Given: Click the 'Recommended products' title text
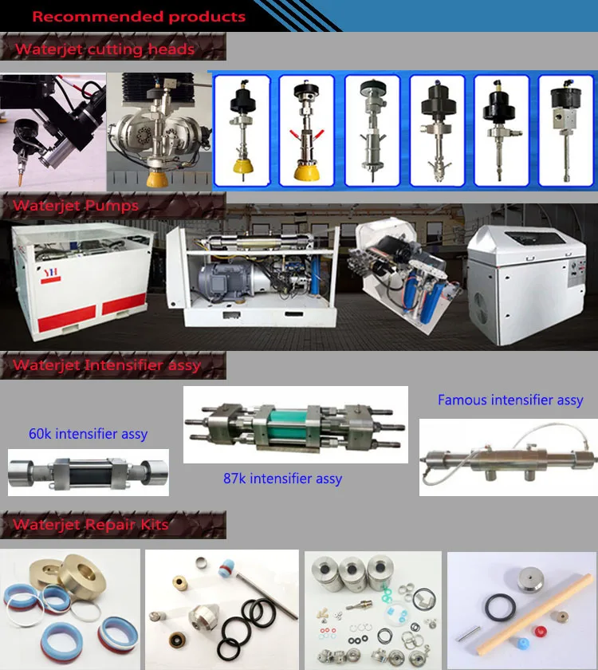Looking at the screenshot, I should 139,16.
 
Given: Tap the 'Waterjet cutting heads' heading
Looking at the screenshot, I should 104,49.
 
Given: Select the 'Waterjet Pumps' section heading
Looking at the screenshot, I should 76,206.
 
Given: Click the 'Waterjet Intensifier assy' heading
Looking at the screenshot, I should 107,366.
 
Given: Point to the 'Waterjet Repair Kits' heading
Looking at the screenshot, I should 91,525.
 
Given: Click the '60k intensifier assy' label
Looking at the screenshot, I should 88,435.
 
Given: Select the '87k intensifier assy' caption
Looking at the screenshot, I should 282,479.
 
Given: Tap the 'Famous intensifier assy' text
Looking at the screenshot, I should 510,400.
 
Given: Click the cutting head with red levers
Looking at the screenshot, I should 306,132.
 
